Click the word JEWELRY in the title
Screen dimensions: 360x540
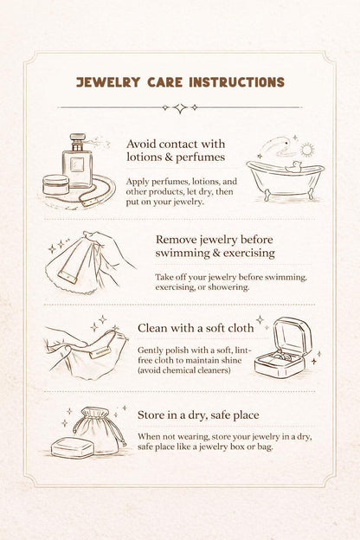point(108,82)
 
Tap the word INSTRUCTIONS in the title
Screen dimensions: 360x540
point(237,82)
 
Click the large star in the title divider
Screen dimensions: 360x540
point(180,108)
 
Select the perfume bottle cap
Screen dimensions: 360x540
point(78,141)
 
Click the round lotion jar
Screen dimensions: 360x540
point(55,184)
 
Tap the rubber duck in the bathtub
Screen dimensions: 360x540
point(292,167)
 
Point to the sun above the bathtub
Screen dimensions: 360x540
point(306,149)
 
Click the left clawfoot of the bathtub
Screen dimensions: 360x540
point(267,195)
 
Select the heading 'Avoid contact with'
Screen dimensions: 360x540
point(176,144)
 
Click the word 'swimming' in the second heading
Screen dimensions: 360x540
point(183,253)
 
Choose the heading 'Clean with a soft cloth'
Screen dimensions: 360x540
point(196,328)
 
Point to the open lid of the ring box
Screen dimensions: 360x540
point(292,335)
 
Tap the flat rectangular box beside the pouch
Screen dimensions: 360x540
point(73,447)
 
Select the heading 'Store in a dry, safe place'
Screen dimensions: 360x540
point(198,415)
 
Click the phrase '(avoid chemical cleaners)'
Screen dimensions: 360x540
point(184,370)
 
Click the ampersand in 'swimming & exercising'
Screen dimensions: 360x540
point(216,253)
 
